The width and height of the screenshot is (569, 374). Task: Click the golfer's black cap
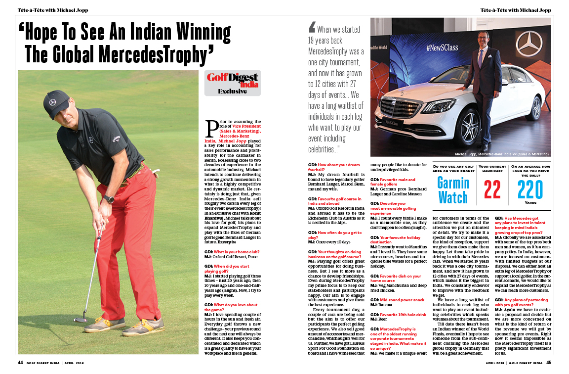56,101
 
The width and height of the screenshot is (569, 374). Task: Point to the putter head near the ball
80,320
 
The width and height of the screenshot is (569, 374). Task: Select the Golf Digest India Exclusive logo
232,83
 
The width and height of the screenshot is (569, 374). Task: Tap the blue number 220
530,189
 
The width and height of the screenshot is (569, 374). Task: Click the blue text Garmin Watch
453,190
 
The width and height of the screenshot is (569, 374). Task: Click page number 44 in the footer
21,362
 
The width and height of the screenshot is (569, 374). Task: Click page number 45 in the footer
548,362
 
